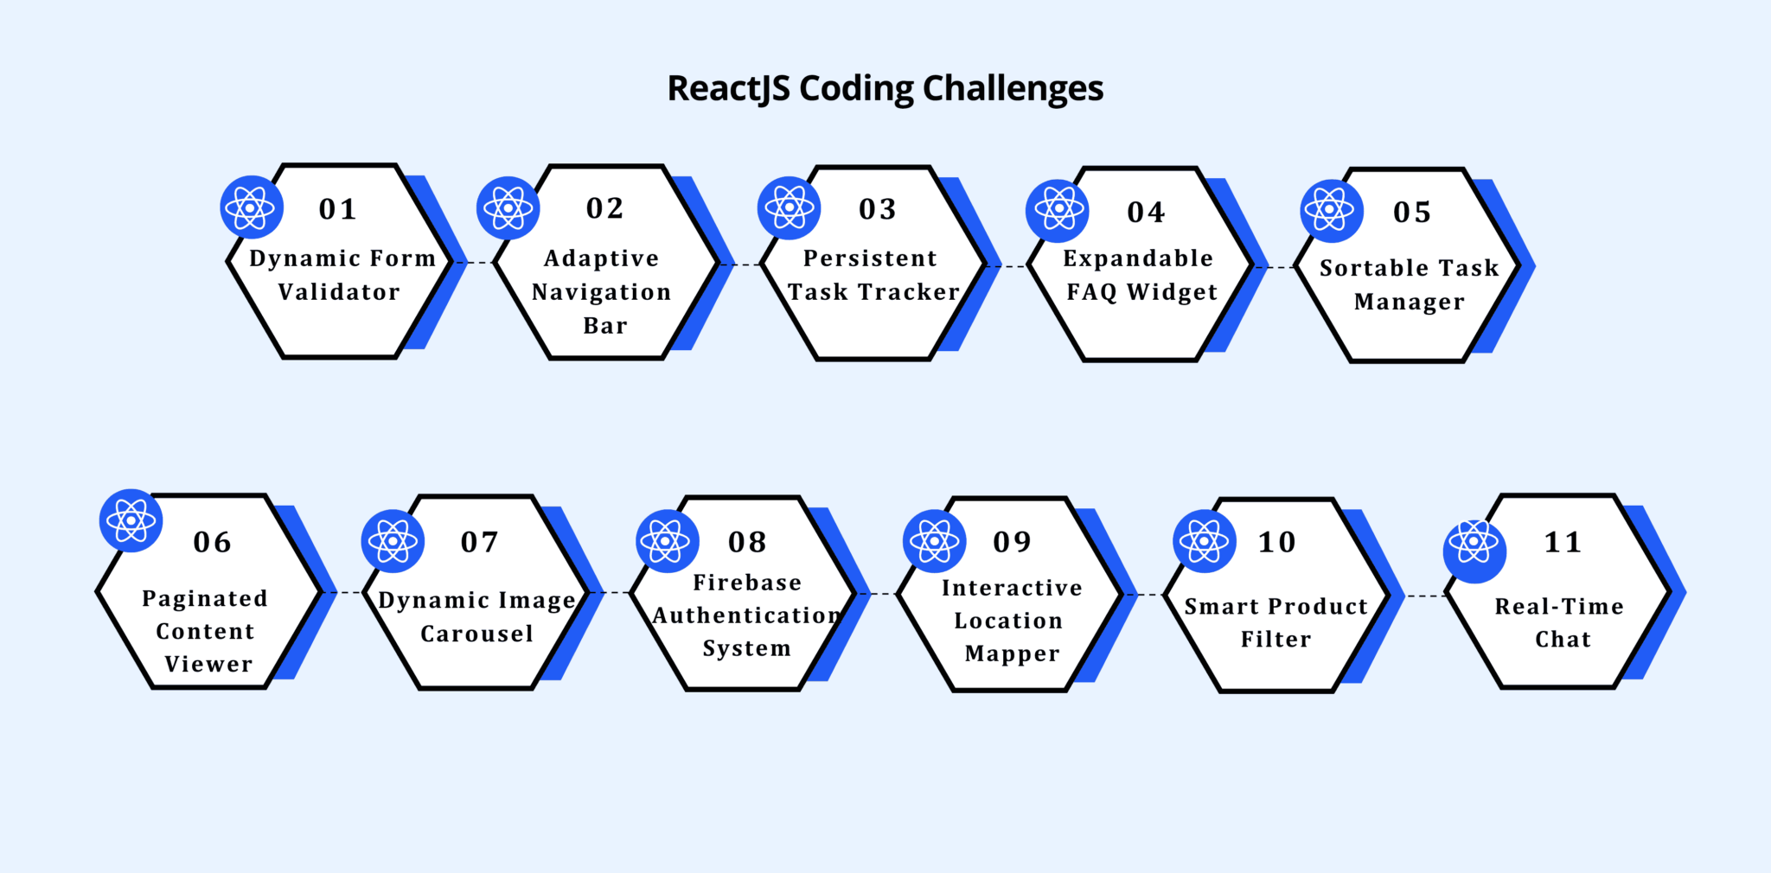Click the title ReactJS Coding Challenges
pyautogui.click(x=885, y=89)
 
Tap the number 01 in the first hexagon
pyautogui.click(x=337, y=209)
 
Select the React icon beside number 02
pyautogui.click(x=508, y=208)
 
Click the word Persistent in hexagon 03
pyautogui.click(x=870, y=258)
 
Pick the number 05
pyautogui.click(x=1412, y=213)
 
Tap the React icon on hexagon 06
pyautogui.click(x=131, y=521)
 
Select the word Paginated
pyautogui.click(x=205, y=599)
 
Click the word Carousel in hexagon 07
pyautogui.click(x=476, y=634)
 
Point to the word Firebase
pyautogui.click(x=747, y=583)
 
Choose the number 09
pyautogui.click(x=1012, y=542)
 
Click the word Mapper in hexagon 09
pyautogui.click(x=1012, y=654)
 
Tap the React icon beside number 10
pyautogui.click(x=1204, y=542)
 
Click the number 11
pyautogui.click(x=1563, y=542)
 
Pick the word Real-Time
pyautogui.click(x=1559, y=607)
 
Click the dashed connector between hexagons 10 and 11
pyautogui.click(x=1426, y=596)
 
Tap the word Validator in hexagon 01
pyautogui.click(x=339, y=292)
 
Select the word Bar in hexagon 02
pyautogui.click(x=604, y=326)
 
